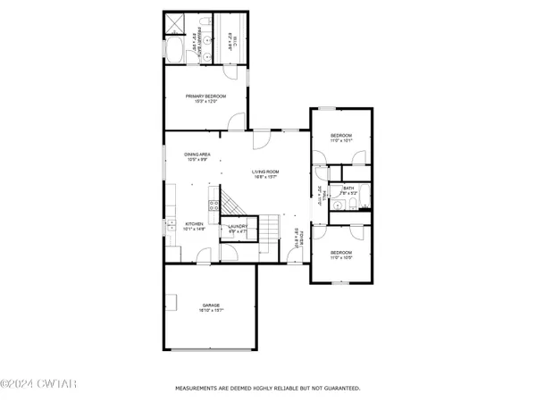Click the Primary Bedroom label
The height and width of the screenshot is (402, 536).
[205, 98]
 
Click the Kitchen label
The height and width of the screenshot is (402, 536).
[196, 226]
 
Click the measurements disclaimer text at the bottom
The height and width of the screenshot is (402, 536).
[267, 389]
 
